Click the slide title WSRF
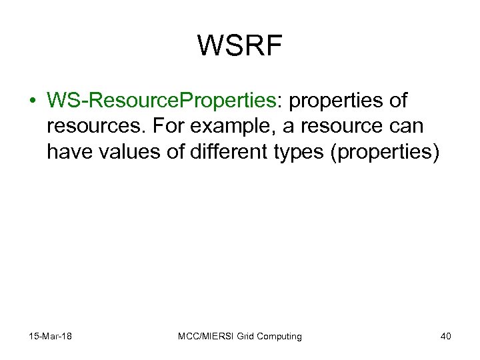click(240, 46)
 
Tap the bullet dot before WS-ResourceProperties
click(33, 101)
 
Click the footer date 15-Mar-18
click(51, 336)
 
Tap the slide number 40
click(445, 336)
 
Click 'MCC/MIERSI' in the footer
click(203, 336)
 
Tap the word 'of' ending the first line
click(397, 101)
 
